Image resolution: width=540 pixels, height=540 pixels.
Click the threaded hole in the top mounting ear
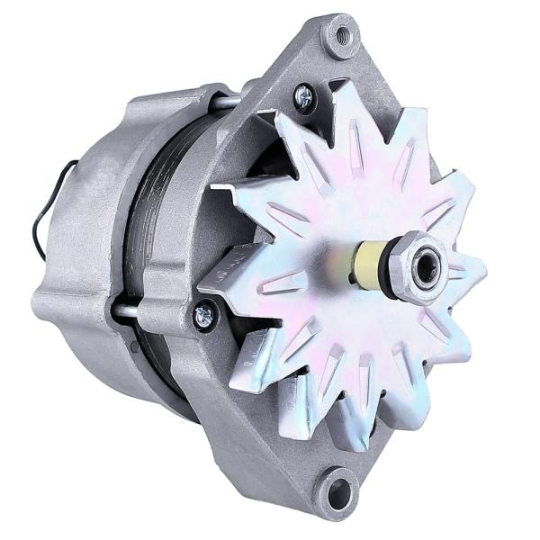point(342,37)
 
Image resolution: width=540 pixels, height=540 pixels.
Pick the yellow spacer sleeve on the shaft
point(368,262)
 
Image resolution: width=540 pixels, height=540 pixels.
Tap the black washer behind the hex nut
point(392,264)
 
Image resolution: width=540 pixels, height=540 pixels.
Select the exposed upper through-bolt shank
point(224,102)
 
